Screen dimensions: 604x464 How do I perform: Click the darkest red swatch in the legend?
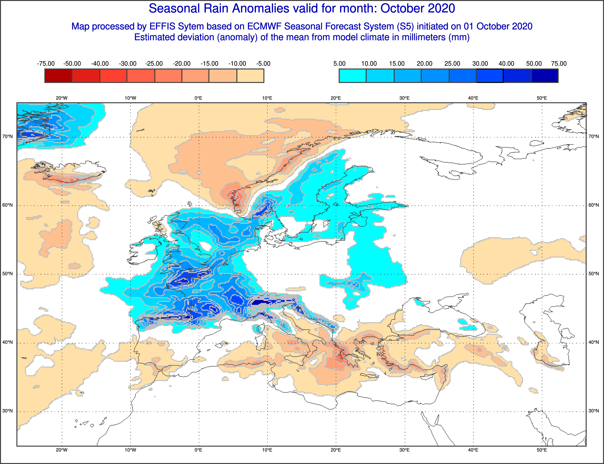click(58, 76)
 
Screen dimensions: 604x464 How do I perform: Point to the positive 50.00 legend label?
click(534, 64)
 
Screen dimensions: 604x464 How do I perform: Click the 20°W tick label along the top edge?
click(62, 98)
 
